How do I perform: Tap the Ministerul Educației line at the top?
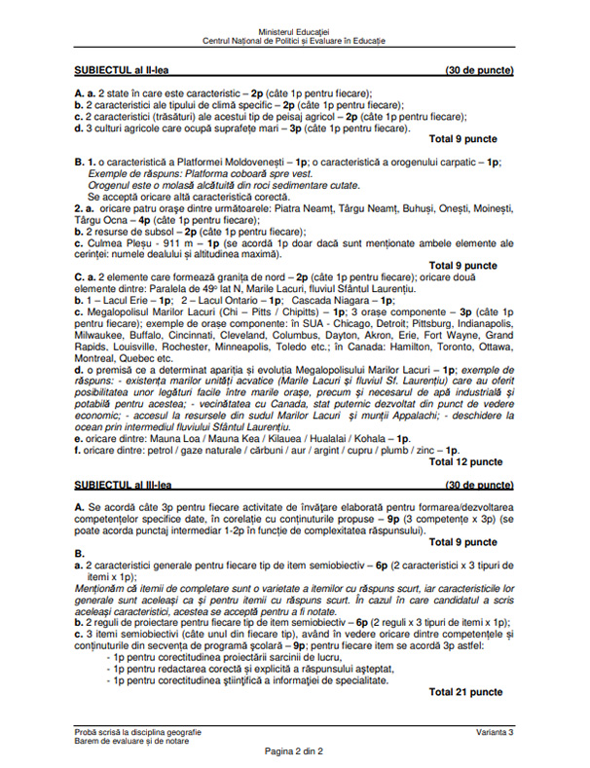click(294, 32)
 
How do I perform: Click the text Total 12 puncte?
click(463, 461)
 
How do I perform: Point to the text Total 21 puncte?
click(465, 691)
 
